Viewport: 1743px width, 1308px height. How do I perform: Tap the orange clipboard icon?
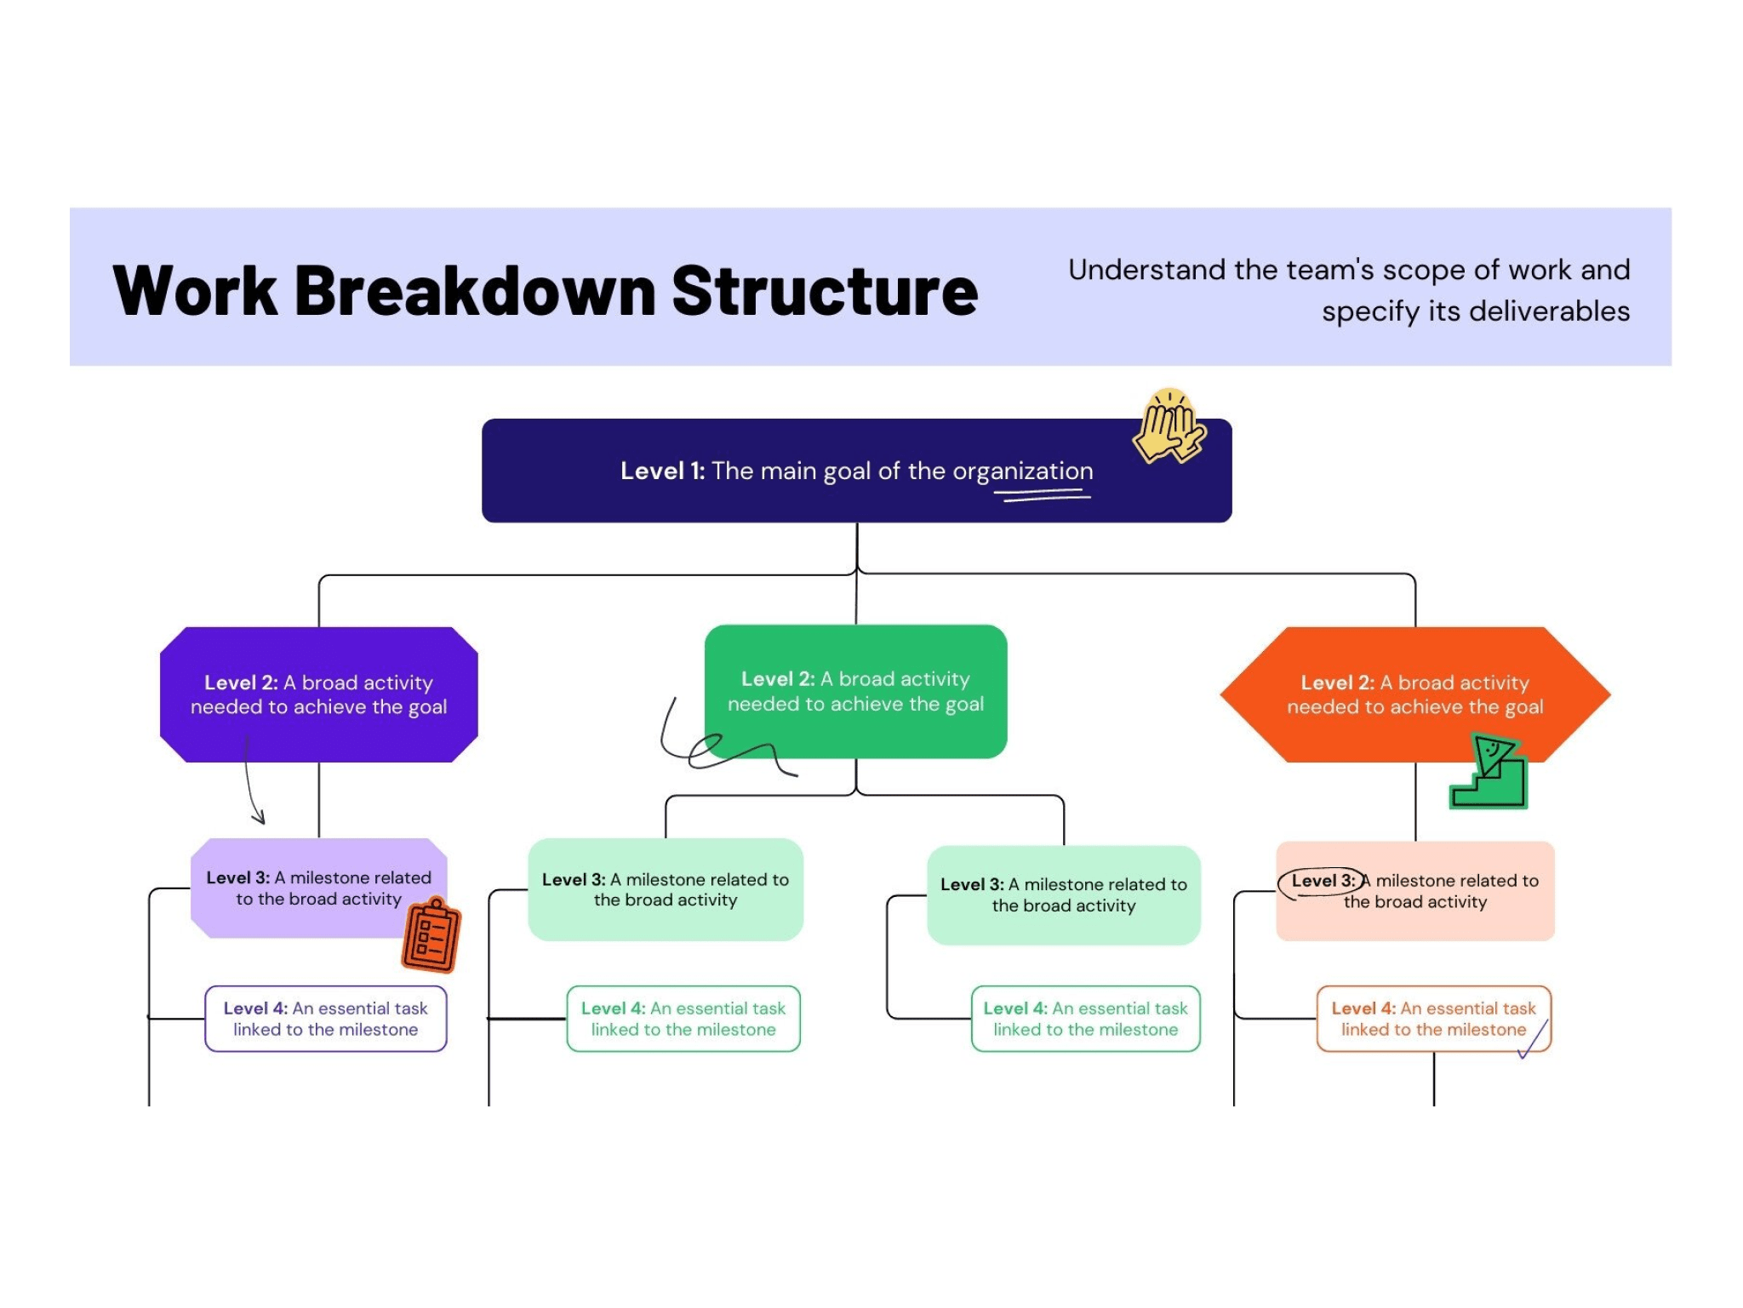(x=431, y=936)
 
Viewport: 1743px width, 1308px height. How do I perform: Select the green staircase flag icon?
(x=1489, y=774)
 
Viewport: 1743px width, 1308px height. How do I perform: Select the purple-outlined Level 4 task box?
(x=325, y=1019)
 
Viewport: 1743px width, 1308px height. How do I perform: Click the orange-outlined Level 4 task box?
(x=1433, y=1019)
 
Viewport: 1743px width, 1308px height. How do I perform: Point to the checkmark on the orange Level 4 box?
(x=1534, y=1041)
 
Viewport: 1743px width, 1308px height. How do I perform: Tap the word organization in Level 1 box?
(x=1022, y=471)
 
